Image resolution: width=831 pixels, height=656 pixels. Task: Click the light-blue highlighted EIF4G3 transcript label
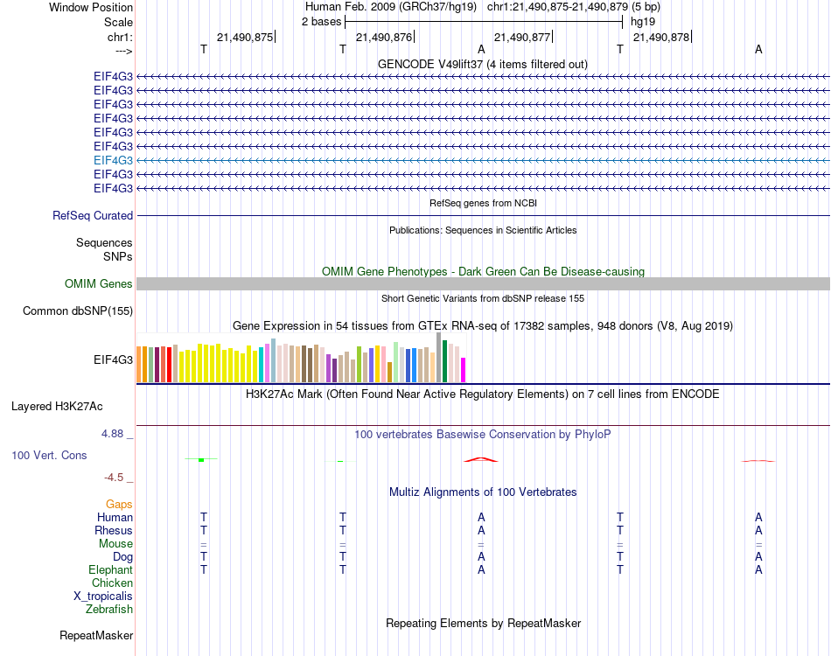(x=113, y=160)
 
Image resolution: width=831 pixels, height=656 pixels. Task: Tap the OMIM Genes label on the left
(x=99, y=283)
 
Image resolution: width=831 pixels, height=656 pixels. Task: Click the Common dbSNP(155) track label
(x=78, y=311)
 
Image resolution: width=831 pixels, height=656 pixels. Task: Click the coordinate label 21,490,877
(x=522, y=37)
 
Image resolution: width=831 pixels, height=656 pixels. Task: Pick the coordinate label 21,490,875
(x=245, y=37)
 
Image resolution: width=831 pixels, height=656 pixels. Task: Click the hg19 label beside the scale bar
(x=643, y=21)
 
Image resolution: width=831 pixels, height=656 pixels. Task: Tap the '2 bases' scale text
(x=322, y=21)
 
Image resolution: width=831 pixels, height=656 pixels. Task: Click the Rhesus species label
(x=115, y=530)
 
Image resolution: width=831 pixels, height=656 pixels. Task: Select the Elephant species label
(x=112, y=569)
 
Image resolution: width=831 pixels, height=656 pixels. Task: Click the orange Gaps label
(x=119, y=504)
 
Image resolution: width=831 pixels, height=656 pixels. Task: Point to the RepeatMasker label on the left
(x=96, y=635)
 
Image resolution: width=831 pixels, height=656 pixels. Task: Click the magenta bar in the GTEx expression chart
(x=463, y=370)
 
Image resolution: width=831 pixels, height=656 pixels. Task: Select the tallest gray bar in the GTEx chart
(x=439, y=357)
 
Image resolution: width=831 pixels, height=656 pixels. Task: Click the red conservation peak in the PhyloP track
(x=481, y=458)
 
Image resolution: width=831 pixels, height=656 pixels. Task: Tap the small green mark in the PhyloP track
(x=201, y=459)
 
